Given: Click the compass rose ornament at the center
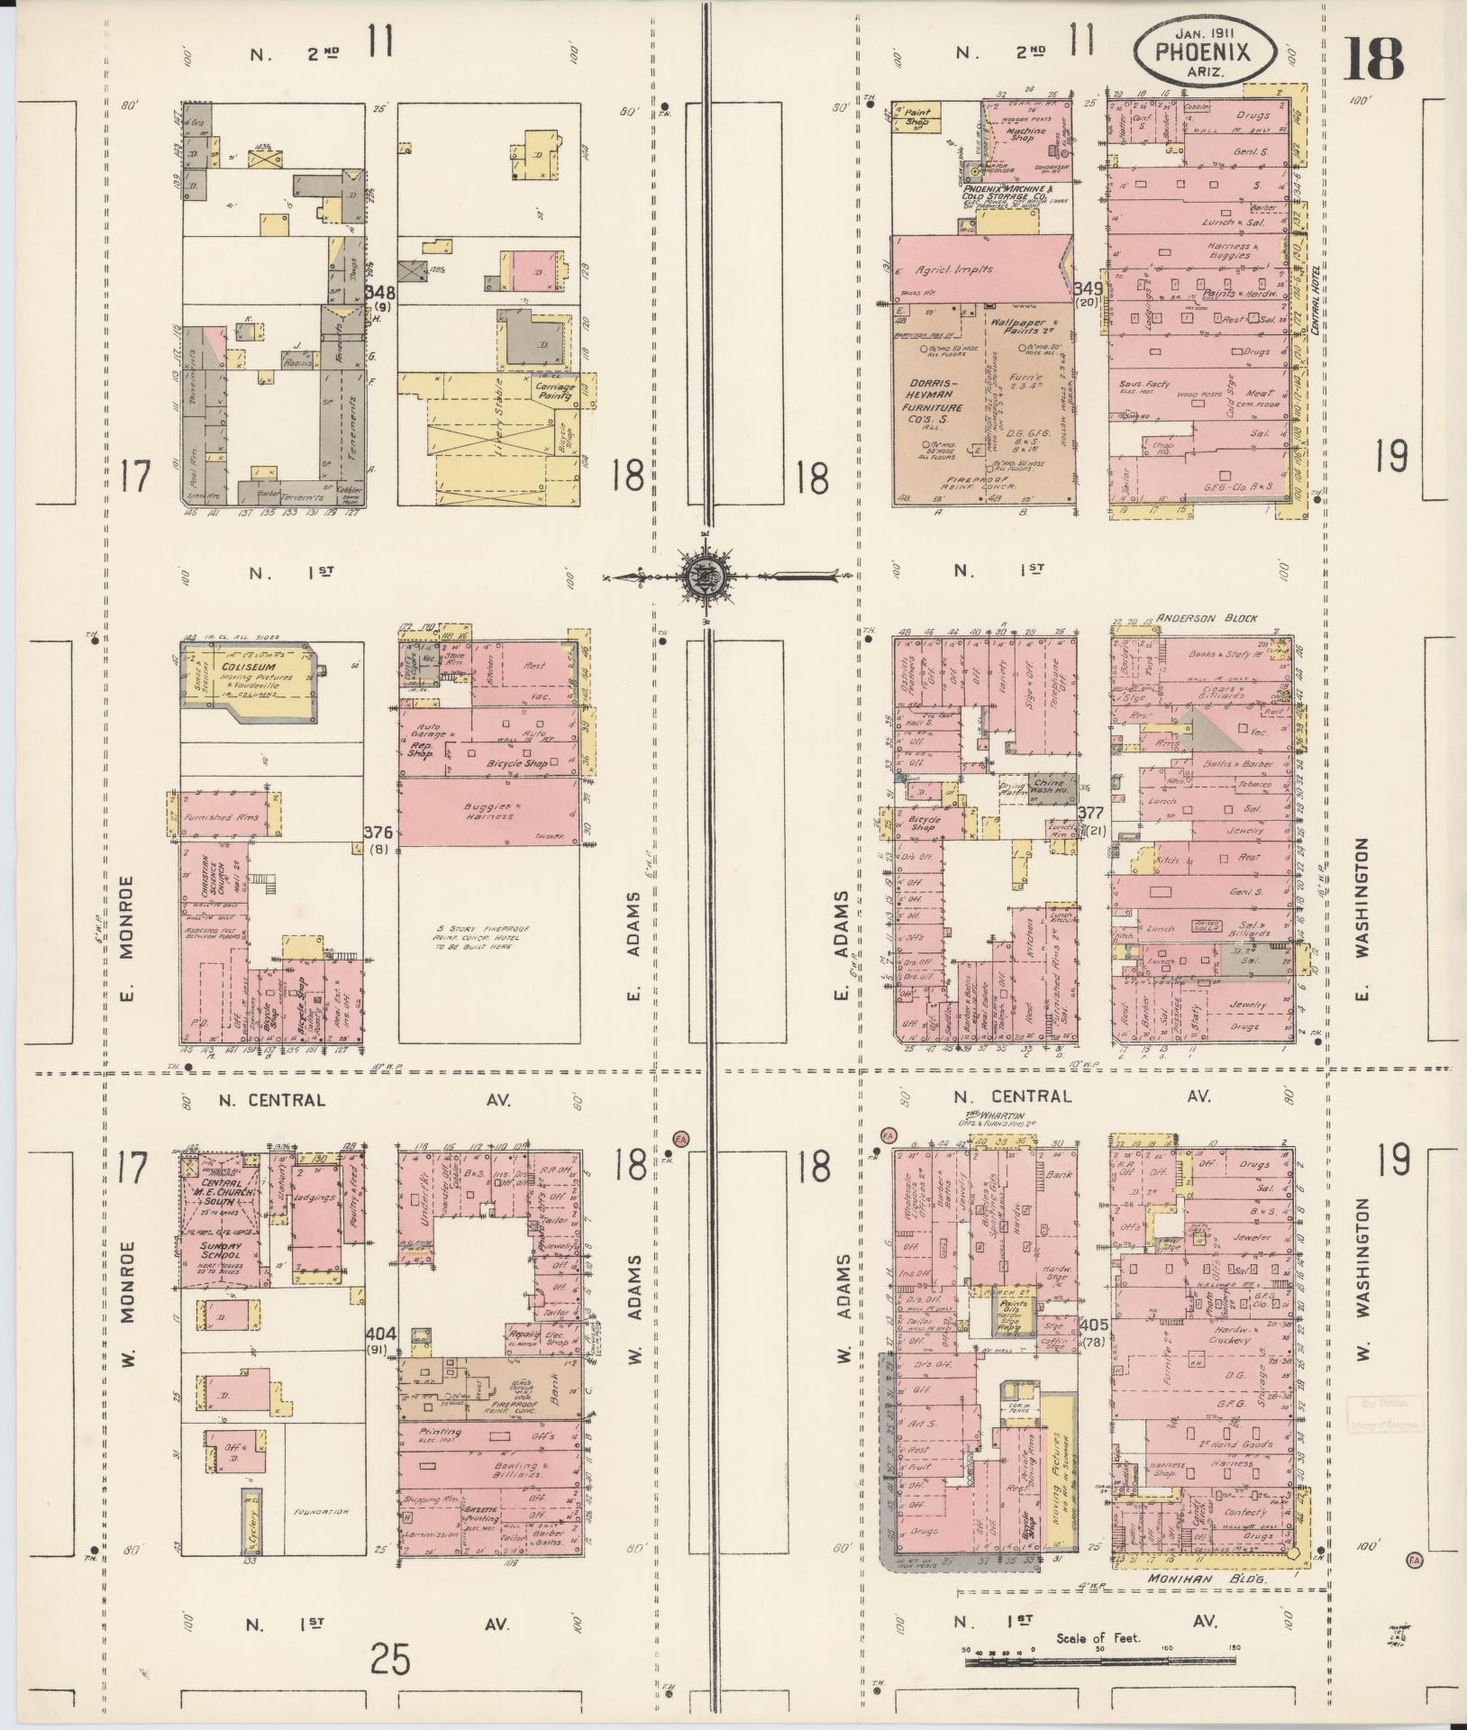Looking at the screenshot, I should pyautogui.click(x=701, y=575).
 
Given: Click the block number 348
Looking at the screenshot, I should pyautogui.click(x=382, y=292).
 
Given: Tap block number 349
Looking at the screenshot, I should pyautogui.click(x=1089, y=288).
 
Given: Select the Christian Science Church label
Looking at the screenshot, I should pyautogui.click(x=205, y=883).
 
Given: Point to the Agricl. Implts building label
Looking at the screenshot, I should pyautogui.click(x=953, y=269).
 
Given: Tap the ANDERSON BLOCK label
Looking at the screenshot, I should pyautogui.click(x=1211, y=619).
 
